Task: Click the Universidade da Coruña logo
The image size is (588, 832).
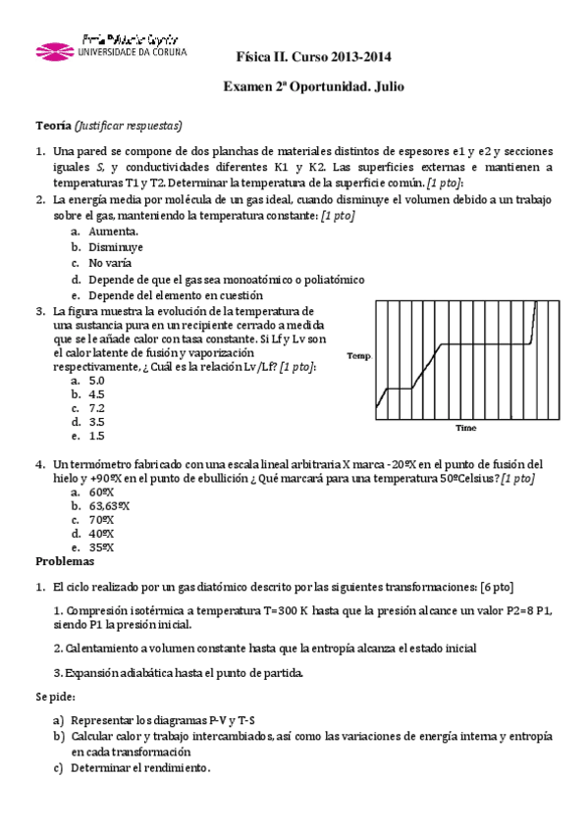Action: [x=109, y=48]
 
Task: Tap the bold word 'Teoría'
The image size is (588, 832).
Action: [x=53, y=127]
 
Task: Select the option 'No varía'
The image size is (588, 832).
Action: [x=111, y=263]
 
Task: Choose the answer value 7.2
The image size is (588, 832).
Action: [x=96, y=407]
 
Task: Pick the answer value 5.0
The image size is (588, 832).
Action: [x=96, y=380]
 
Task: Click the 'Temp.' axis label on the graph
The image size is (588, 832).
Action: [x=358, y=357]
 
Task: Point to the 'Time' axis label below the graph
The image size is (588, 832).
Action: [x=465, y=428]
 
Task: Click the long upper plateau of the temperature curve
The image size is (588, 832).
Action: [x=486, y=344]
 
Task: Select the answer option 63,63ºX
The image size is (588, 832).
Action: [x=109, y=505]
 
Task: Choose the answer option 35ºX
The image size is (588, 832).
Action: [x=101, y=547]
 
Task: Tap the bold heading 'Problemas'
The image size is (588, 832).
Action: [x=65, y=562]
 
